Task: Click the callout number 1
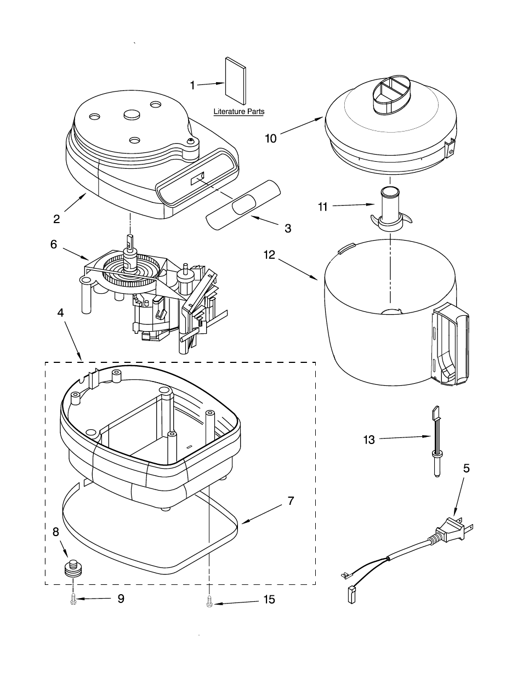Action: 192,86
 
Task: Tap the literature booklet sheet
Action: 236,81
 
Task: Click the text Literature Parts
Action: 239,111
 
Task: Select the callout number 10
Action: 270,138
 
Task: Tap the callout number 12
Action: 269,254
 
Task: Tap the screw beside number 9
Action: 73,599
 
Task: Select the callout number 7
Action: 291,500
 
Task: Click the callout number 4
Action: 60,312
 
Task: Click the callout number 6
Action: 54,244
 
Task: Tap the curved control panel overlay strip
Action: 243,205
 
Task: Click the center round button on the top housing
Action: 133,115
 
